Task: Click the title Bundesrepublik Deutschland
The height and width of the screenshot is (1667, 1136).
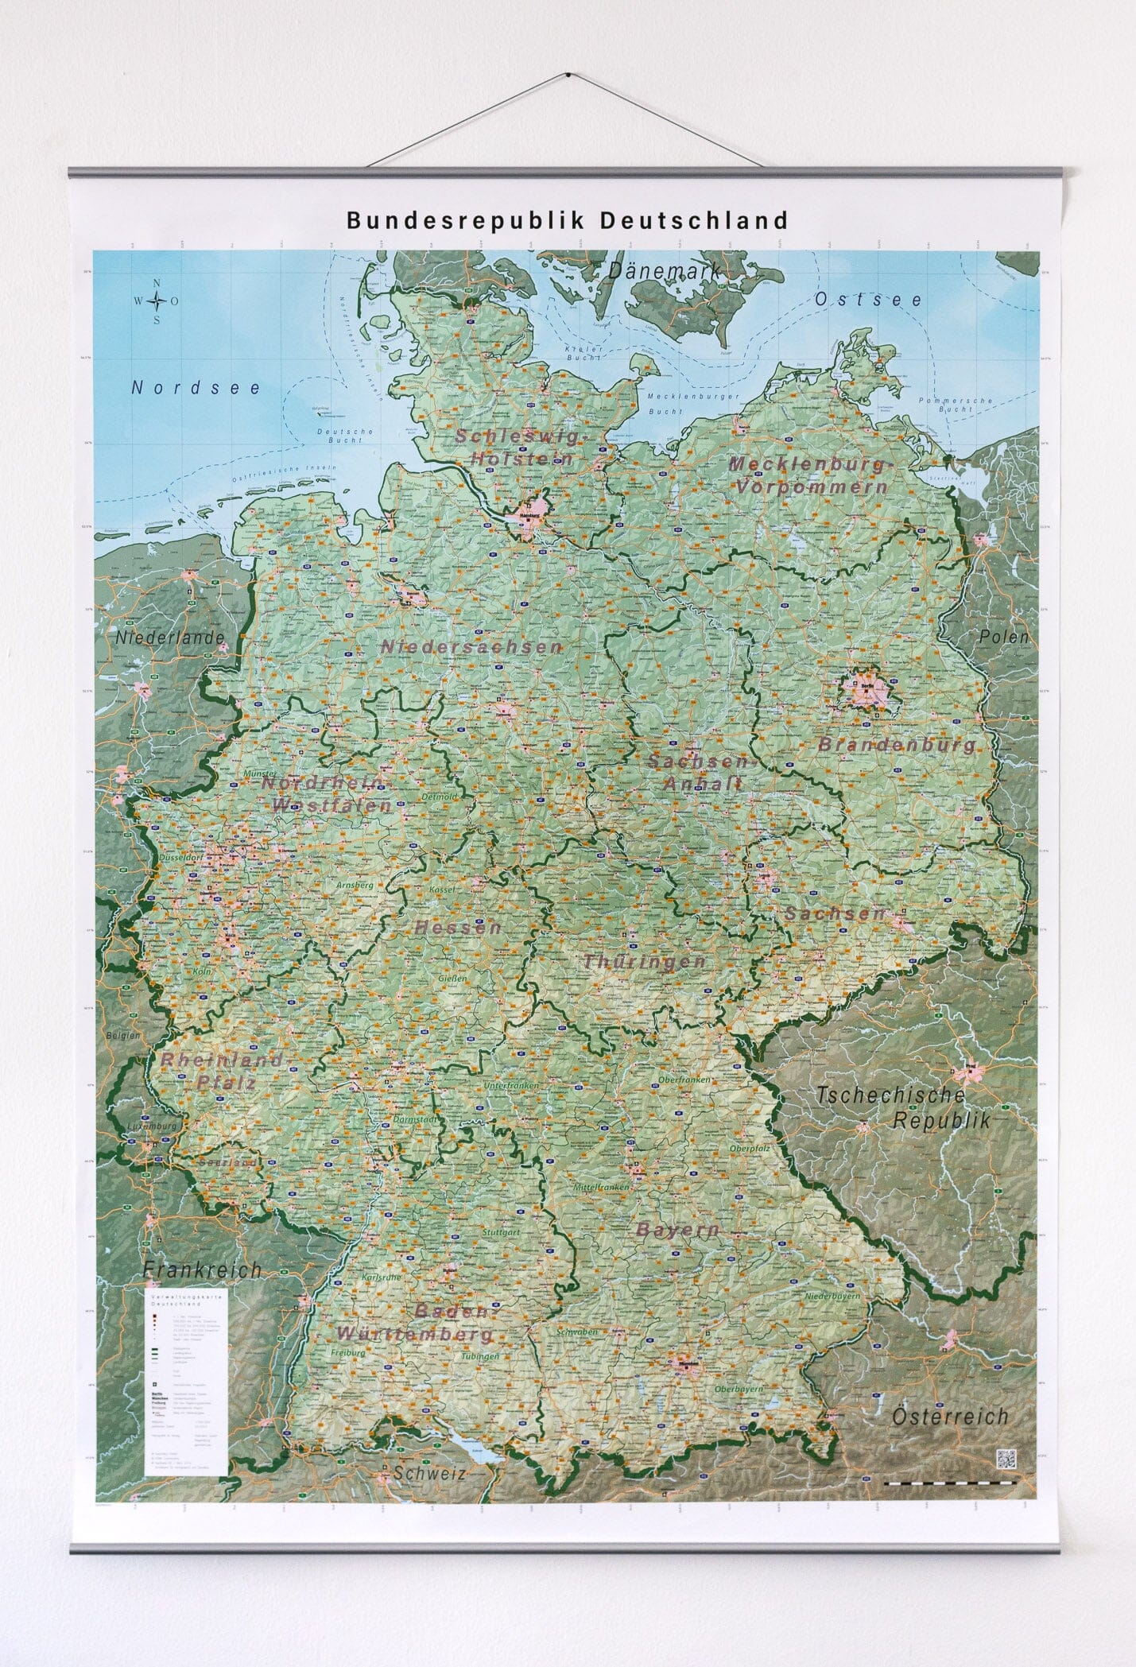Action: (x=567, y=220)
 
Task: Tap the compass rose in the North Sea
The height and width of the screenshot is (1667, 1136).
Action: (x=157, y=301)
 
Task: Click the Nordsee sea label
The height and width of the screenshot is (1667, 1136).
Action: (x=196, y=388)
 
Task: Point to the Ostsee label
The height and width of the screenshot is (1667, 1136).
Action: (x=868, y=300)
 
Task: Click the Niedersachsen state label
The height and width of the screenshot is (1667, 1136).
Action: (x=471, y=646)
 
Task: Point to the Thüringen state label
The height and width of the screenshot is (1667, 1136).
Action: (x=645, y=961)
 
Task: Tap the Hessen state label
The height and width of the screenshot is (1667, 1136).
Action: (x=457, y=927)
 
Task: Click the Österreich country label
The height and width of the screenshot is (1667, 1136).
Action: (x=949, y=1415)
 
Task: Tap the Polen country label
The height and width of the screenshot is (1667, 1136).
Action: (x=1003, y=636)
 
